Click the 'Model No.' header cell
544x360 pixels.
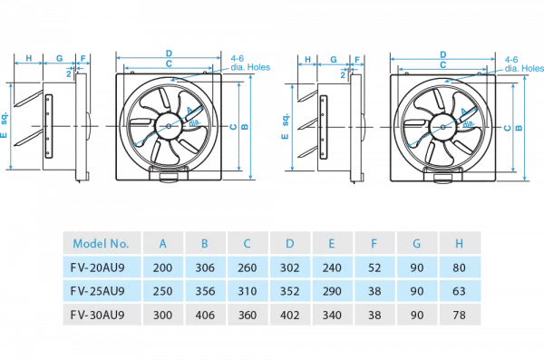pyautogui.click(x=101, y=244)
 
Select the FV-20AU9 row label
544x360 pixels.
pyautogui.click(x=98, y=268)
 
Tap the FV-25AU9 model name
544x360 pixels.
pyautogui.click(x=98, y=291)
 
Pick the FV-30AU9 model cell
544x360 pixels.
pyautogui.click(x=98, y=315)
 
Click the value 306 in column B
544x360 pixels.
pyautogui.click(x=205, y=268)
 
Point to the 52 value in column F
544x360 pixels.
pyautogui.click(x=374, y=268)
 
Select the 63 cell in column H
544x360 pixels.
pyautogui.click(x=459, y=291)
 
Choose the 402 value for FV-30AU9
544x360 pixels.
pyautogui.click(x=290, y=315)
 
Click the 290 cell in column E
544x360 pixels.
pyautogui.click(x=332, y=291)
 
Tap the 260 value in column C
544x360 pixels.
pyautogui.click(x=248, y=268)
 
